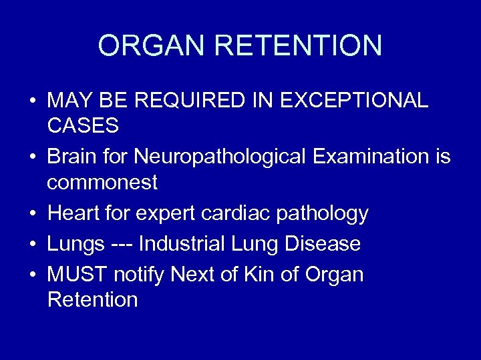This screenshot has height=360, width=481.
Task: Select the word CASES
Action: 83,125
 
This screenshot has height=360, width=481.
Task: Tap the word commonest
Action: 102,181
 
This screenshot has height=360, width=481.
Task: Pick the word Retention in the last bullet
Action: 92,299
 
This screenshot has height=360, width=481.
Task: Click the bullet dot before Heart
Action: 32,214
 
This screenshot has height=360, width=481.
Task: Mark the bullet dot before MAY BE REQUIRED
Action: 32,101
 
